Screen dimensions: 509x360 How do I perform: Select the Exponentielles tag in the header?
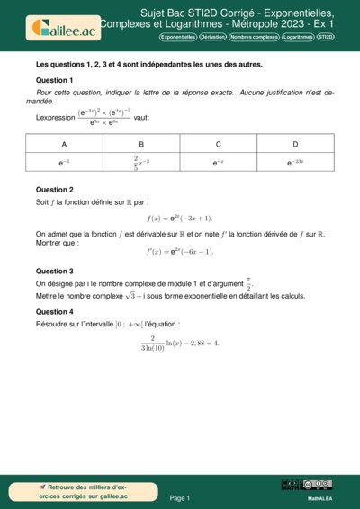click(177, 38)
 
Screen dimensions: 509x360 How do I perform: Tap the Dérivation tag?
click(212, 38)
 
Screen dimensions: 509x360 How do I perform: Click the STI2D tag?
click(326, 38)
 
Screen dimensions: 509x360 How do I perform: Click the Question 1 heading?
click(54, 80)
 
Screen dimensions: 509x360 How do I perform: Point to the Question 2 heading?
click(54, 190)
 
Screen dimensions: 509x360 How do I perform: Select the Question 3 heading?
click(54, 271)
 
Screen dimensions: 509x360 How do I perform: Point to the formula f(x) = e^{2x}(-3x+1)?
click(180, 219)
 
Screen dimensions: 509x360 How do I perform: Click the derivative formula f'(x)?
click(180, 252)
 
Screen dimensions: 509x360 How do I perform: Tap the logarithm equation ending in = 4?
click(180, 343)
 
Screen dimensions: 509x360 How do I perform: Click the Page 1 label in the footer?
click(180, 497)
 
